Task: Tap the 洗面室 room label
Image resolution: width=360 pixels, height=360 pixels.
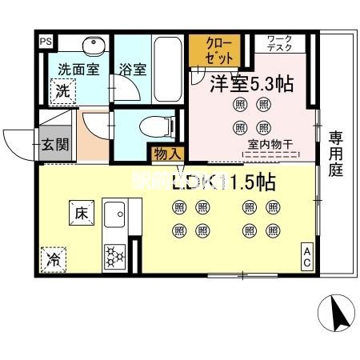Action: (x=78, y=69)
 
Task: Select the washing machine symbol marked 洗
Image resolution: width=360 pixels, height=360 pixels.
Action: (x=64, y=91)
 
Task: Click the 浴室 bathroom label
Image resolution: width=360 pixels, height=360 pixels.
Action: (x=133, y=69)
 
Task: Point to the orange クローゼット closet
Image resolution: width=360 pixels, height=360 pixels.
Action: (x=214, y=50)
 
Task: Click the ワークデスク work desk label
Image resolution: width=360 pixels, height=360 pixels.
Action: (x=279, y=44)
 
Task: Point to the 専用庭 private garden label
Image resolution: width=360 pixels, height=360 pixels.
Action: (x=336, y=154)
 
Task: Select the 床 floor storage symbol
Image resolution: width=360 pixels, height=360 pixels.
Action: (x=81, y=214)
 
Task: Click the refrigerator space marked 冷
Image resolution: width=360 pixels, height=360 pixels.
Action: (x=54, y=260)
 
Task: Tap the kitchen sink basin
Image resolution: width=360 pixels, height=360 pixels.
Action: (x=114, y=215)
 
